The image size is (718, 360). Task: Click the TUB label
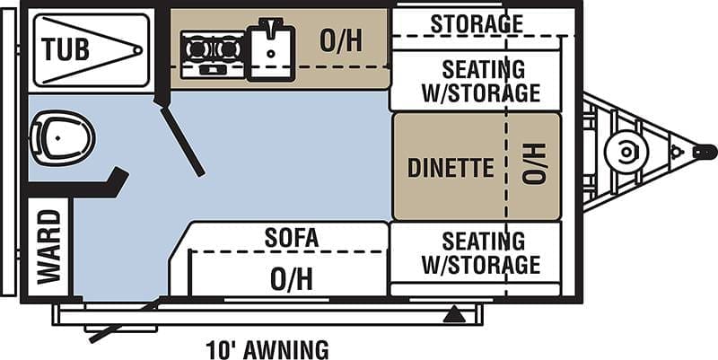coord(65,49)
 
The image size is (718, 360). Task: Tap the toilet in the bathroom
coord(62,137)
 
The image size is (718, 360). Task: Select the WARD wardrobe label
coord(49,247)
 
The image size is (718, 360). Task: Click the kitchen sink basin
coord(271,54)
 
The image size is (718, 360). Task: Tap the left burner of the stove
coord(197,48)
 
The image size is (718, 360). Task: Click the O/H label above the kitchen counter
coord(341,41)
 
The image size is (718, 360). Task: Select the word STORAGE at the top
coord(477,23)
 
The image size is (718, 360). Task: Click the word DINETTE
coord(451,168)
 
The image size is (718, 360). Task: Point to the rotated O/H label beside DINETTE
coord(534,163)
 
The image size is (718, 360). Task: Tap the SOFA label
coord(292,238)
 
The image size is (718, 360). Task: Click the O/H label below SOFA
coord(291,279)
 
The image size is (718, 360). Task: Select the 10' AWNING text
coord(267,350)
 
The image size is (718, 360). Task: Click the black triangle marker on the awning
coord(454,315)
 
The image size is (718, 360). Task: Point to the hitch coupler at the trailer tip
coord(705,152)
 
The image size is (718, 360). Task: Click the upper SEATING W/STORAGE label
coord(481,81)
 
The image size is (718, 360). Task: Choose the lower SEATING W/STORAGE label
coord(481,253)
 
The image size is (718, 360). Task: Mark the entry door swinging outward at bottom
coord(125,320)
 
